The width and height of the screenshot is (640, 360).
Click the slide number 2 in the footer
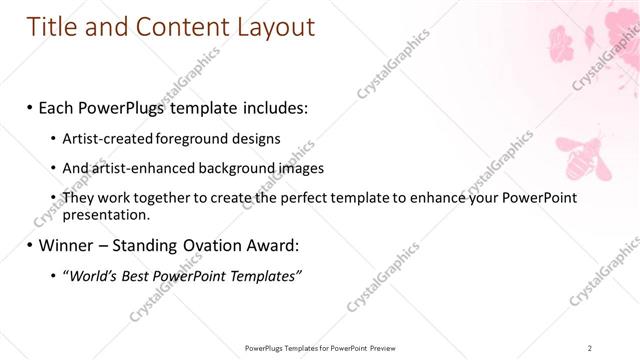click(591, 348)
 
